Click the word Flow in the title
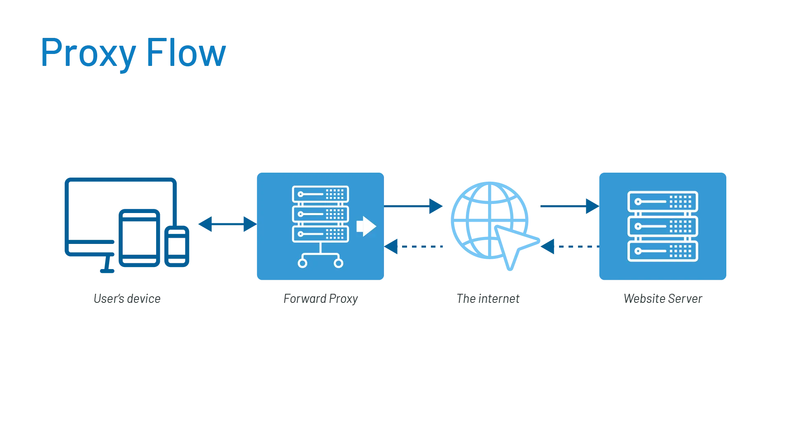coord(186,52)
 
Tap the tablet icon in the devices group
coord(140,238)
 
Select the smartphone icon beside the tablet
coord(178,246)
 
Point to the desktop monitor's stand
coord(108,266)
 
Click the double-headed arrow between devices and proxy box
coord(227,224)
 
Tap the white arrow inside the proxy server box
coord(366,226)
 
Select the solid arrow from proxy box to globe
coord(414,206)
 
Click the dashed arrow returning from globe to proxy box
coord(414,247)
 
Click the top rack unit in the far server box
coord(662,201)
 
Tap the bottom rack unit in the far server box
coord(662,251)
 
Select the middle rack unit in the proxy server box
coord(321,214)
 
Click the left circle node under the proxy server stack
coord(302,263)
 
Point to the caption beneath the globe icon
coord(488,298)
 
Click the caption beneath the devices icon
coord(127,298)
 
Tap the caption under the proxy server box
coord(321,299)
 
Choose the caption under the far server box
coord(664,298)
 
